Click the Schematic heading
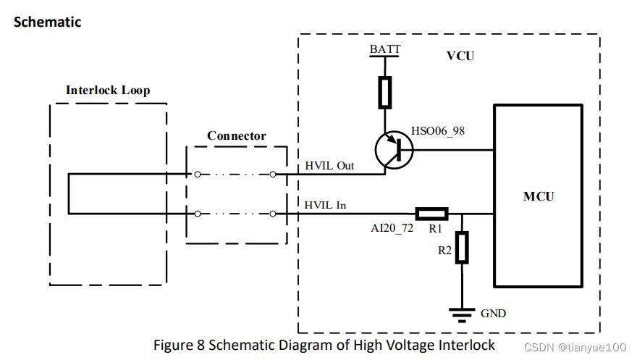click(x=48, y=22)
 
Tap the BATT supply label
click(x=384, y=49)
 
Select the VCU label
click(x=460, y=56)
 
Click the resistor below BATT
click(x=385, y=92)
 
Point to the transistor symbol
click(x=393, y=151)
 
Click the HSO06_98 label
click(x=438, y=130)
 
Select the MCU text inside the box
click(x=539, y=196)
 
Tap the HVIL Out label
click(x=329, y=166)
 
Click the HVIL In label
click(x=325, y=205)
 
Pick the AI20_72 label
click(x=391, y=227)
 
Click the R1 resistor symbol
click(x=431, y=214)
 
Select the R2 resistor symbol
click(x=462, y=247)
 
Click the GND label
click(x=493, y=314)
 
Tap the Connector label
click(x=236, y=135)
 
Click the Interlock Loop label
click(x=108, y=91)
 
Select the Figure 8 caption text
click(x=324, y=345)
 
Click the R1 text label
click(x=435, y=227)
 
